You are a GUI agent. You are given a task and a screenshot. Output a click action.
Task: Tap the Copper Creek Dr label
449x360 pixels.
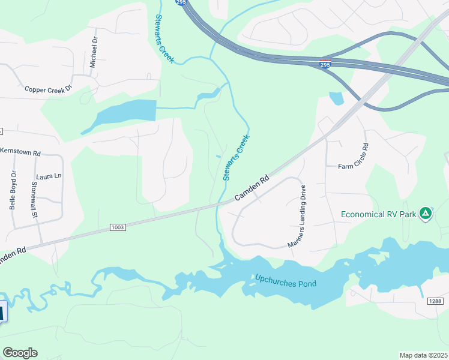48,89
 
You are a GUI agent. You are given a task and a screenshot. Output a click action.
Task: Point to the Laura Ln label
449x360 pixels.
49,176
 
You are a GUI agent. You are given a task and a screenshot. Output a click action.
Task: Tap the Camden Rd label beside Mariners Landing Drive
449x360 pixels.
252,188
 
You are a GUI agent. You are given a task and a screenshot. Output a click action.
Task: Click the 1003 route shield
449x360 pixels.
118,227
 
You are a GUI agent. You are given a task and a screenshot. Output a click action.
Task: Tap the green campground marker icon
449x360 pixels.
426,213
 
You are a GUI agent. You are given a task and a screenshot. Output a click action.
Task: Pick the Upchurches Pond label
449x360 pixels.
286,281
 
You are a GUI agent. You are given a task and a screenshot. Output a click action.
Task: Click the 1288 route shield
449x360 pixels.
436,300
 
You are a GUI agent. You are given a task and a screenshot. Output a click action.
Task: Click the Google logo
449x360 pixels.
20,353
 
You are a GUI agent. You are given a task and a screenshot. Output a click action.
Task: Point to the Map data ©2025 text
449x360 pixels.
423,355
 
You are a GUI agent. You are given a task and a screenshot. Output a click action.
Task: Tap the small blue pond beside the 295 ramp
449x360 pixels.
336,98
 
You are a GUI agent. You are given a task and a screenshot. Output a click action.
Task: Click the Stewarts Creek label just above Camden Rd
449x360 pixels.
236,157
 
